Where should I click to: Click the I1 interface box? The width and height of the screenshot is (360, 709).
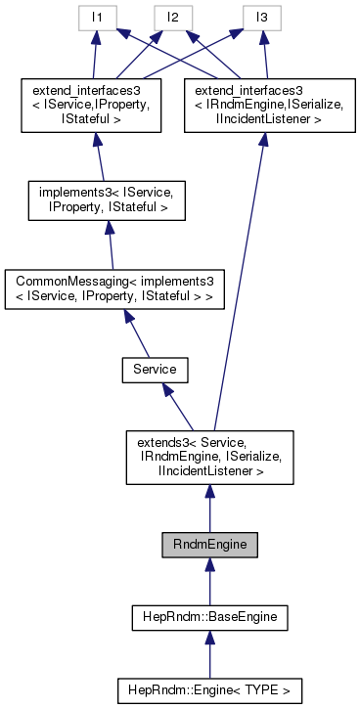[x=93, y=17]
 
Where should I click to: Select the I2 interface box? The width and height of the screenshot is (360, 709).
[x=172, y=17]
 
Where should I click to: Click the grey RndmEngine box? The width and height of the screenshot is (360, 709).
[x=209, y=545]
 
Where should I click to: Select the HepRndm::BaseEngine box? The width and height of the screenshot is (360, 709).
[x=209, y=617]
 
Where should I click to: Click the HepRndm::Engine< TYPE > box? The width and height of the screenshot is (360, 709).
[x=209, y=689]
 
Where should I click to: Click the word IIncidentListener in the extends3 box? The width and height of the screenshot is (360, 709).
[x=209, y=471]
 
